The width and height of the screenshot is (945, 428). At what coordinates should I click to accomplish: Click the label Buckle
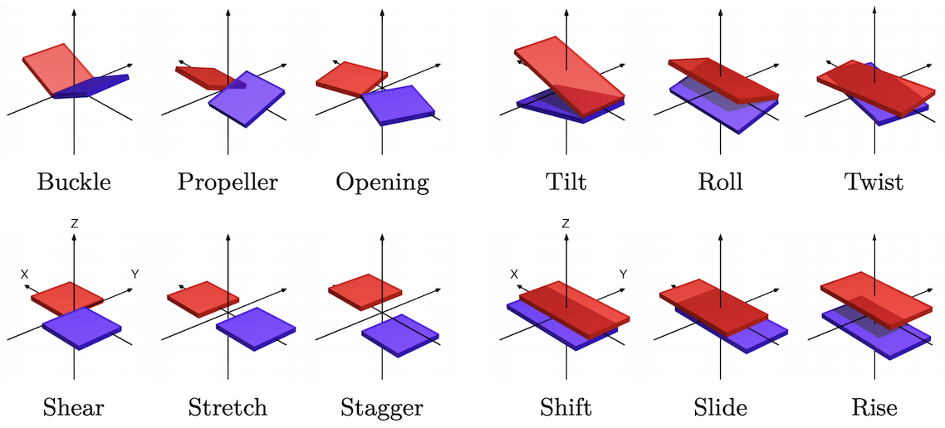pos(74,182)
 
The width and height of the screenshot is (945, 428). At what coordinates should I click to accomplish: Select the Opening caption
pos(382,182)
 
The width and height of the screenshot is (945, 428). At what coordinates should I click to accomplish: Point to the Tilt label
pos(566,182)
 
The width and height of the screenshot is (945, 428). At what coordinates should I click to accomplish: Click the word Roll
pos(720,182)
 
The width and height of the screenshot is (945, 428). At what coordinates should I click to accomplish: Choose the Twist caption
pos(874,182)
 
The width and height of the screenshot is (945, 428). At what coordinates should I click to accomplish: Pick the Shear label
pos(74,407)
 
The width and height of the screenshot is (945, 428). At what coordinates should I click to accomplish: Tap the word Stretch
pos(228,407)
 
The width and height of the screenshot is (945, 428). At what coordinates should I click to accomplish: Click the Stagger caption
pos(382,407)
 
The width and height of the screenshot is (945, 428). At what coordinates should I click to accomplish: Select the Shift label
pos(566,407)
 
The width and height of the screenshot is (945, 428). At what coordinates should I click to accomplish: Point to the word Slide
pos(720,407)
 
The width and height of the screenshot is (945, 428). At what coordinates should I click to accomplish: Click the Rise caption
pos(874,407)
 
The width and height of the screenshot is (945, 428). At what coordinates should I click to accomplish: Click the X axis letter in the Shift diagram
pos(514,274)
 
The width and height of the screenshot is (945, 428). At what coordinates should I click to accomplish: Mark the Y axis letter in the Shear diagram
pos(134,274)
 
